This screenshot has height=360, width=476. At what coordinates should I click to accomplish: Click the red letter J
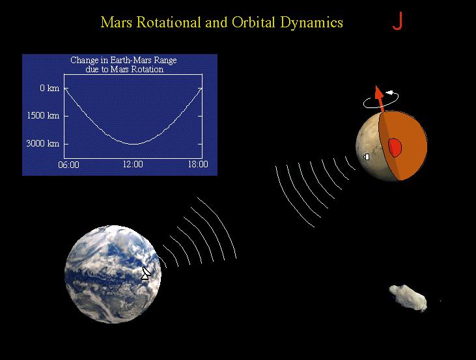click(x=397, y=21)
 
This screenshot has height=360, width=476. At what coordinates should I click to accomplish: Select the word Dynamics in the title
click(x=315, y=22)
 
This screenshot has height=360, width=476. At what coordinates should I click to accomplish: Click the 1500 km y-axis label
click(x=44, y=115)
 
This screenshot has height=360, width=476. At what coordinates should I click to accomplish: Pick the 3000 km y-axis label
click(x=44, y=143)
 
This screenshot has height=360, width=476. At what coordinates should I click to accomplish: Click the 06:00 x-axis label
click(x=68, y=165)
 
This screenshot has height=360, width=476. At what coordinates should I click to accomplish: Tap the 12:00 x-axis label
click(x=133, y=165)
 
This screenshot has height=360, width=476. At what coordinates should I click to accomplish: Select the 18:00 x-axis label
click(x=197, y=165)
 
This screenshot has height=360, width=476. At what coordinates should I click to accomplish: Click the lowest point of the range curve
click(x=133, y=144)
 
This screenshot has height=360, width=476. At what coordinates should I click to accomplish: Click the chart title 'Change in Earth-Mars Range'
click(x=123, y=61)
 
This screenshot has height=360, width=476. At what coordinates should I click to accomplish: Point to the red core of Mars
click(x=395, y=147)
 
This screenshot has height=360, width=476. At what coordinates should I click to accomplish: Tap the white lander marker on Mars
click(x=367, y=156)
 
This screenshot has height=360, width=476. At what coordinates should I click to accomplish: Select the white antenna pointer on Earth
click(x=146, y=273)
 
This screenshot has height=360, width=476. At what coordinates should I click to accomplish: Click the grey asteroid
click(x=409, y=297)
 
